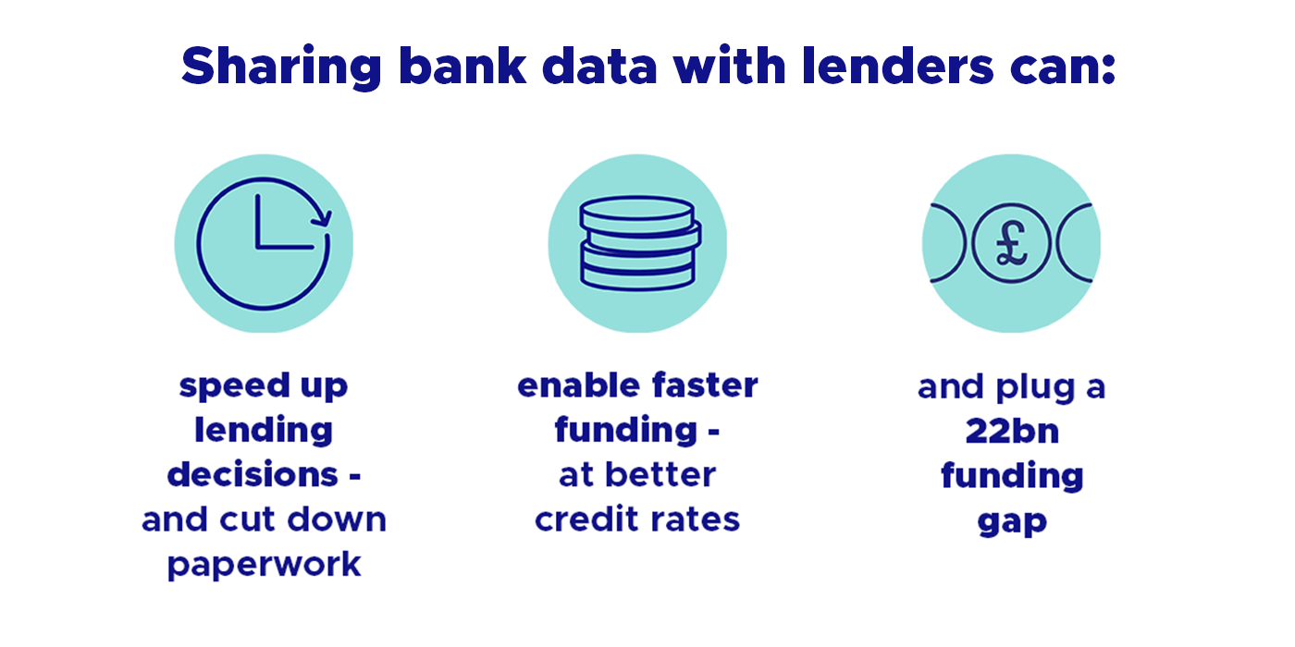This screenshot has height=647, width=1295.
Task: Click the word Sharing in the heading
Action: point(280,67)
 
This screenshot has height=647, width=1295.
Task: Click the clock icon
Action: point(264,243)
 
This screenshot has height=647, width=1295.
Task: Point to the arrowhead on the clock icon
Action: point(322,219)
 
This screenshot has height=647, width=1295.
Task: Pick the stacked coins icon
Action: point(637,242)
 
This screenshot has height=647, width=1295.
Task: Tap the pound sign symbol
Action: point(1011,244)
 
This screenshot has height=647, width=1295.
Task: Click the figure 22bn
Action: point(1012,432)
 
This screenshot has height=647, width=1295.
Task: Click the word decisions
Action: point(252,475)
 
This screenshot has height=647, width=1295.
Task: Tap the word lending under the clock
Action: point(264,431)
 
